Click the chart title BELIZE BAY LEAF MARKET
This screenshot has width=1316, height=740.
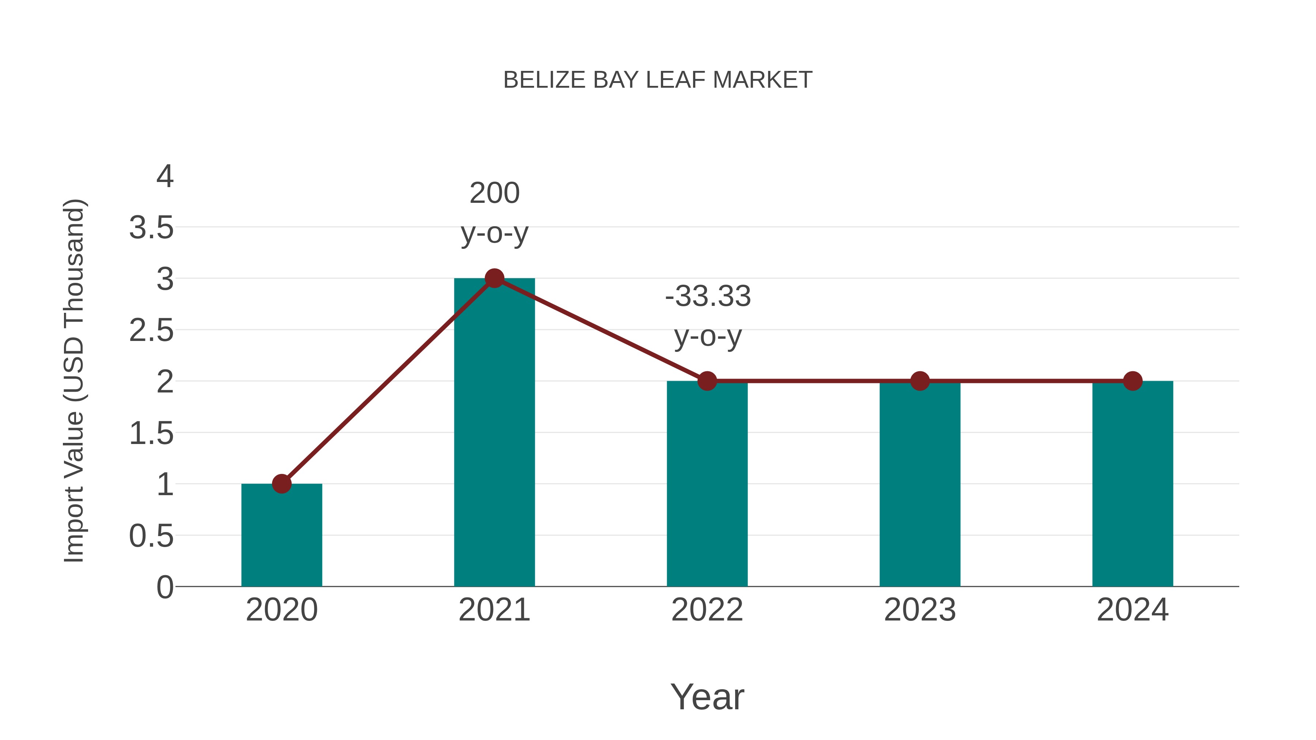click(x=658, y=80)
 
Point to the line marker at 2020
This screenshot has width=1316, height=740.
click(x=281, y=483)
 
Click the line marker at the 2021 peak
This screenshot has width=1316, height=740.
click(x=494, y=278)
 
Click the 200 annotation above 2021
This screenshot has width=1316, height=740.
click(x=494, y=194)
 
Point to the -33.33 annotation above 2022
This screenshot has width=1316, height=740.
click(x=708, y=297)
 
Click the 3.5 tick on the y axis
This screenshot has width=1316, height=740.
click(x=151, y=228)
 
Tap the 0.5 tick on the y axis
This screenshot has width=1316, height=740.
click(x=151, y=536)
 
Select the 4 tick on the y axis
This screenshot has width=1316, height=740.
click(x=164, y=177)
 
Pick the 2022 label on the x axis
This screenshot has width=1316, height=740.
click(x=707, y=610)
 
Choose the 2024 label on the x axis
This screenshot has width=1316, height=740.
click(x=1132, y=610)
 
